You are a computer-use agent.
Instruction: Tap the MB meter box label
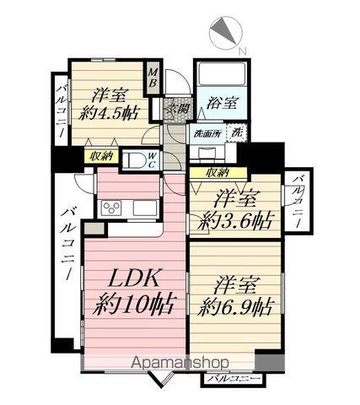tap(153, 83)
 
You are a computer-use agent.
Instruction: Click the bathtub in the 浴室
tap(220, 75)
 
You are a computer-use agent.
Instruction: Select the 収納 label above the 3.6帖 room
tap(217, 172)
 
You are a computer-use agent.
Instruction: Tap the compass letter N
tap(243, 52)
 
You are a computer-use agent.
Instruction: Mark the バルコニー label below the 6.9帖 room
tap(229, 379)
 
